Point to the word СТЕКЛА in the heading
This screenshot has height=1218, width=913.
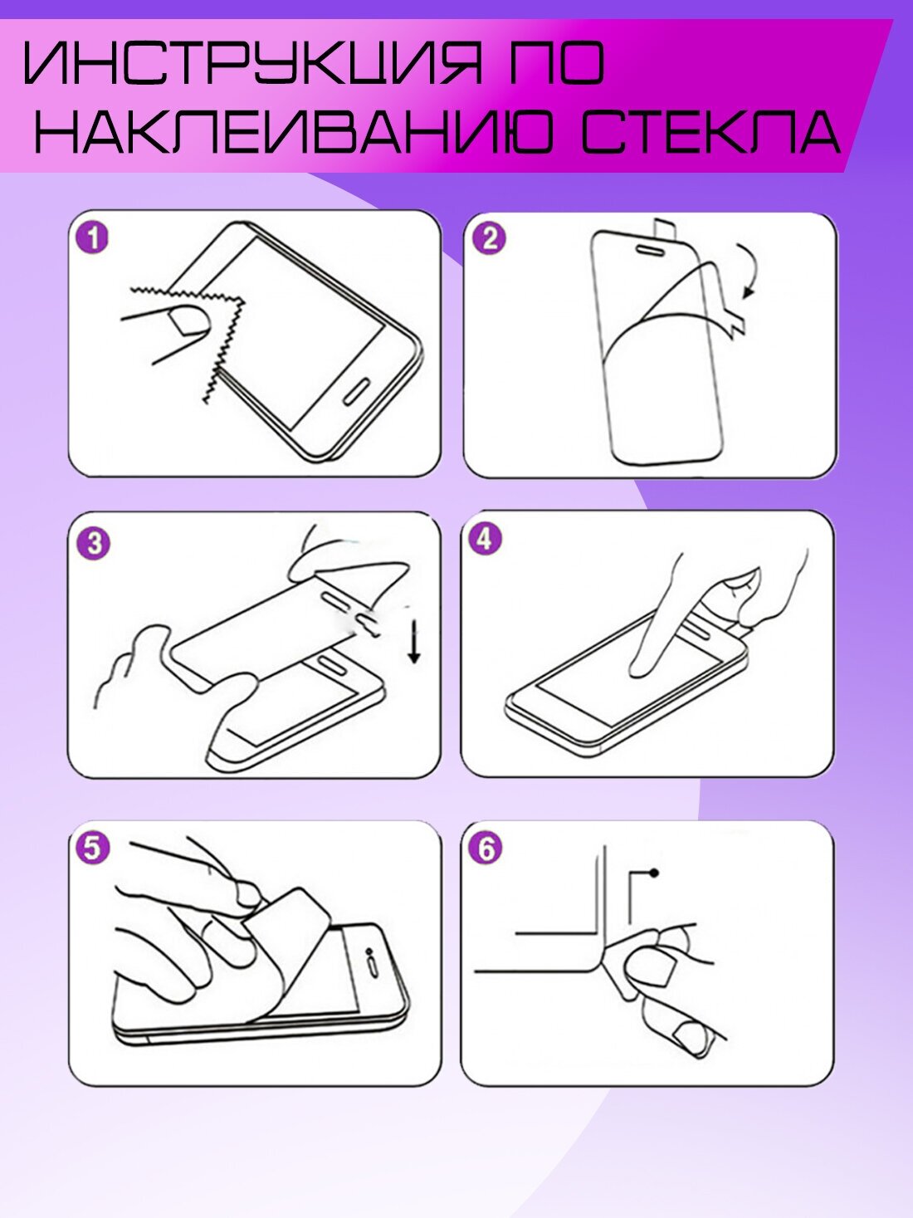coord(711,131)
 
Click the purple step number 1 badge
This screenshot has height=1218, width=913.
coord(92,238)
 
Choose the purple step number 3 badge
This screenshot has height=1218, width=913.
coord(94,543)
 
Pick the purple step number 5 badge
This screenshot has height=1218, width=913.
coord(92,849)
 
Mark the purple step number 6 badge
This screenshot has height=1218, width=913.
coord(486,849)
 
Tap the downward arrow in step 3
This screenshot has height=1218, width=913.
coord(414,642)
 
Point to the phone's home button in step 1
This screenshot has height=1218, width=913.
coord(357,392)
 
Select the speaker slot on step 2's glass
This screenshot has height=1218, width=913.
coord(650,250)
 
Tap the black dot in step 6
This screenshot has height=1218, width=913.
coord(654,873)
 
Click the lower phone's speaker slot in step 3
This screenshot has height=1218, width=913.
coord(331,664)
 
